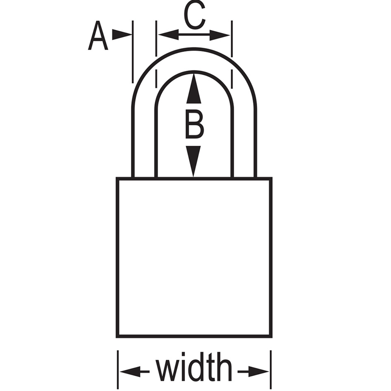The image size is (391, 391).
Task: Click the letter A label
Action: pos(98,36)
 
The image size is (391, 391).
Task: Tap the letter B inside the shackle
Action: pos(194,124)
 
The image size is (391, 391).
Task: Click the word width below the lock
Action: pos(194,367)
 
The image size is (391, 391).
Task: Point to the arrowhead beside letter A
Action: pos(122,35)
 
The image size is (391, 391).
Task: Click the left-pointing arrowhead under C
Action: pos(169,35)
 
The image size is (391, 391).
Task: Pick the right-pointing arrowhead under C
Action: pos(220,35)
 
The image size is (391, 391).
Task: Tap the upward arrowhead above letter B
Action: pos(194,88)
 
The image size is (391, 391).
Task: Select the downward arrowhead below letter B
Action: pos(193,161)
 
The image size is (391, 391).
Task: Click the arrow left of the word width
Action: pos(135,372)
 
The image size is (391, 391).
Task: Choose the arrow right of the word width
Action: pos(253,372)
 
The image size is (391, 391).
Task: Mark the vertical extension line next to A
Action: pos(133,52)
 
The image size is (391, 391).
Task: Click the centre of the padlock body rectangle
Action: pos(194,257)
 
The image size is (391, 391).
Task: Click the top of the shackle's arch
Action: pos(194,49)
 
